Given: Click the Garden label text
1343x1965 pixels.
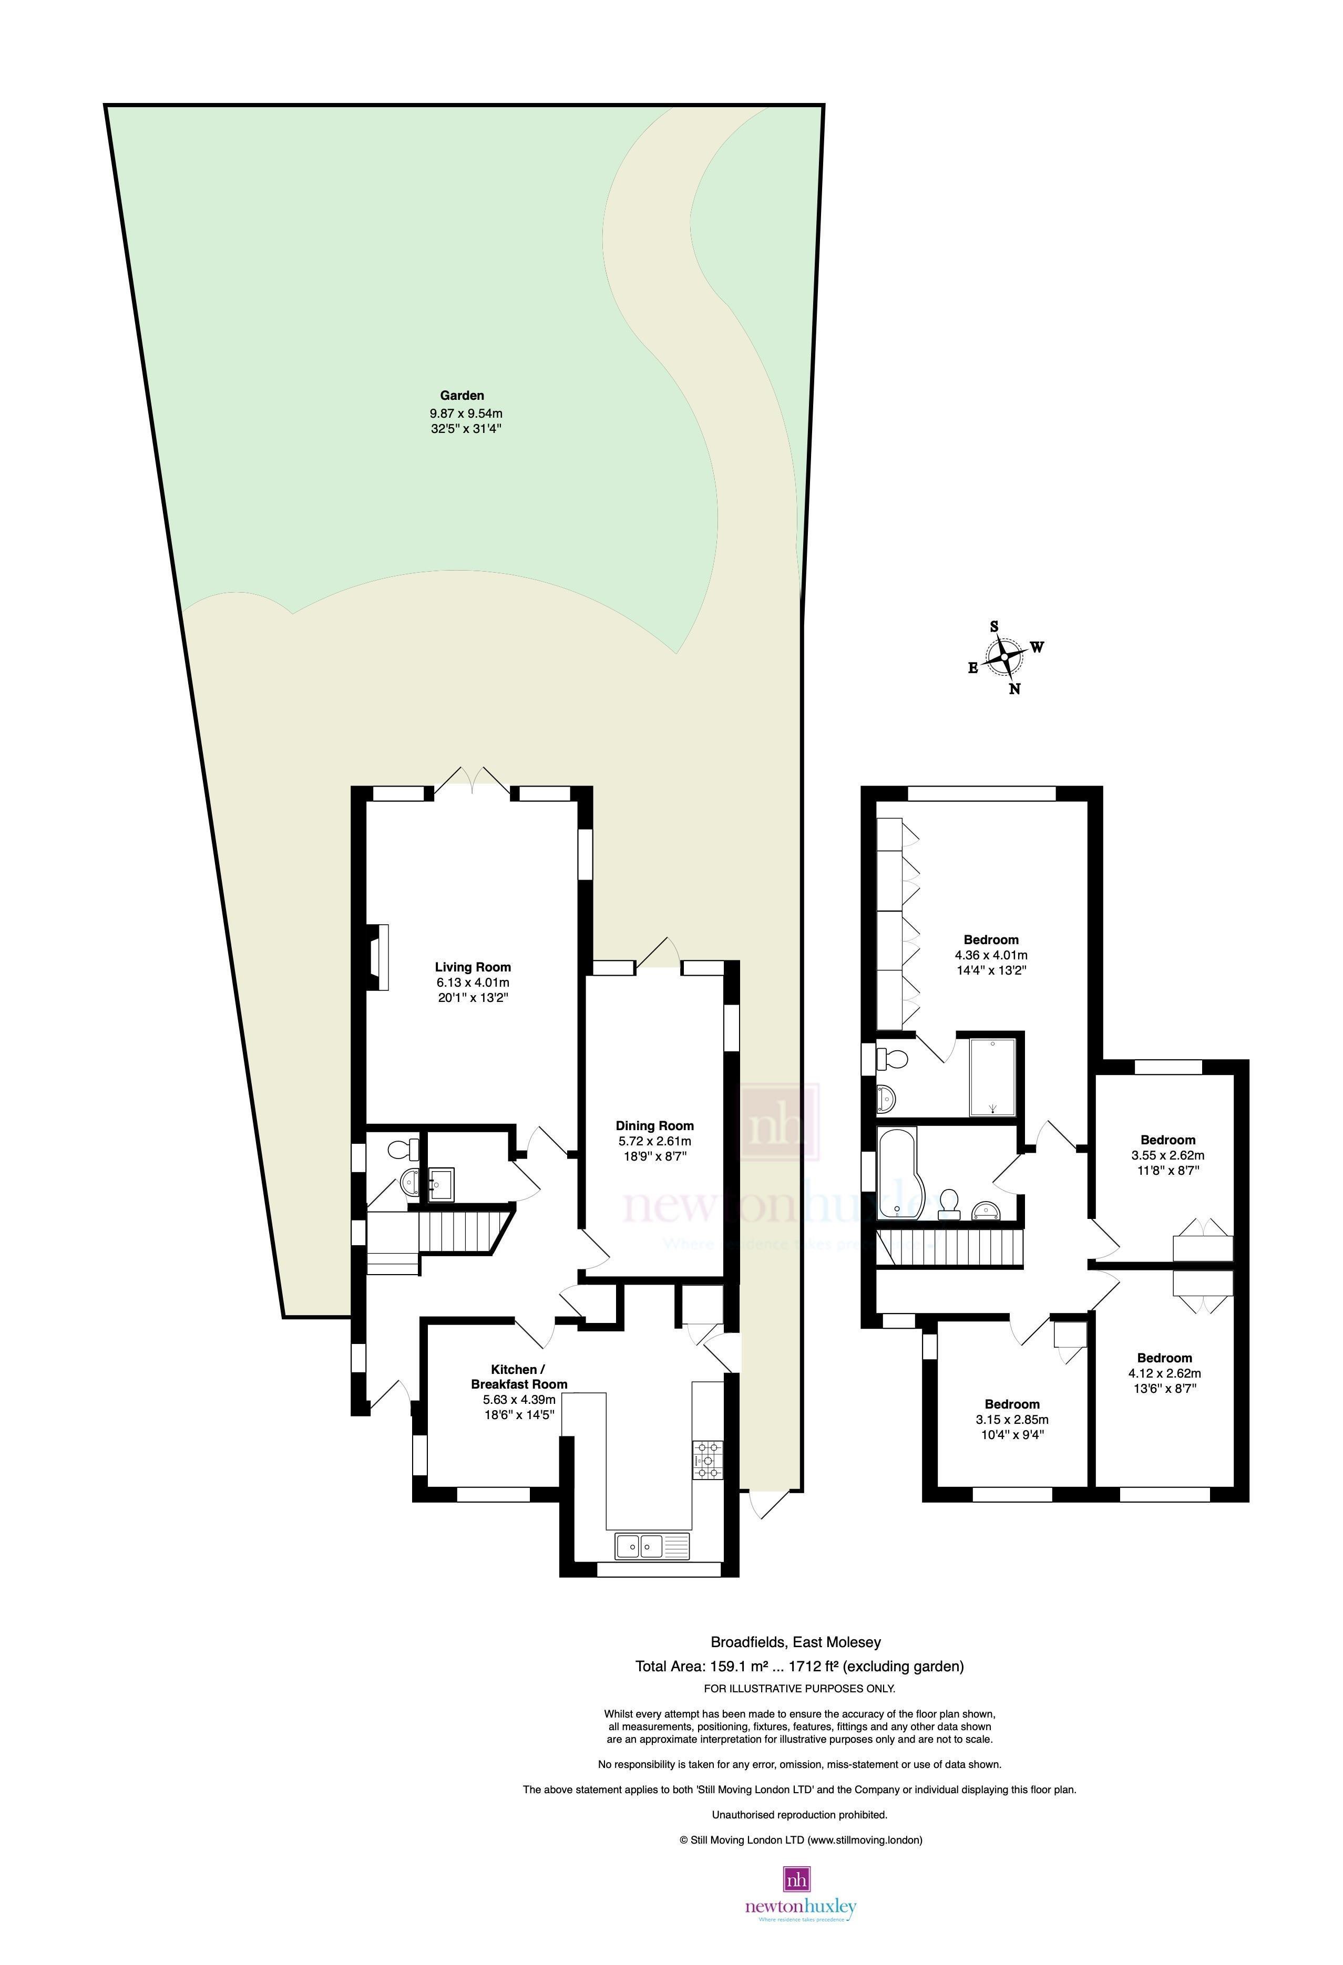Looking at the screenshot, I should (462, 395).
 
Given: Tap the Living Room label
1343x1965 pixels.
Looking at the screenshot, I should (473, 966).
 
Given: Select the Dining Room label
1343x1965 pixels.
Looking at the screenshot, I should (654, 1125).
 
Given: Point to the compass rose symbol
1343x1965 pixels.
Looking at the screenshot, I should (1004, 656).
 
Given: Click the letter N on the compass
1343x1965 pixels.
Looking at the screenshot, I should (1015, 689).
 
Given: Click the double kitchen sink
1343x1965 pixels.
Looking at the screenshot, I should (639, 1546).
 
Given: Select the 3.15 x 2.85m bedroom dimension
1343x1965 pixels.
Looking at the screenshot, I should (1011, 1420).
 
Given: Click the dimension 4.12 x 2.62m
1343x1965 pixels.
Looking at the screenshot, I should (1165, 1373).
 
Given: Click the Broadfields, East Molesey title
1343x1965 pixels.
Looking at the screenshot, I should (795, 1642).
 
